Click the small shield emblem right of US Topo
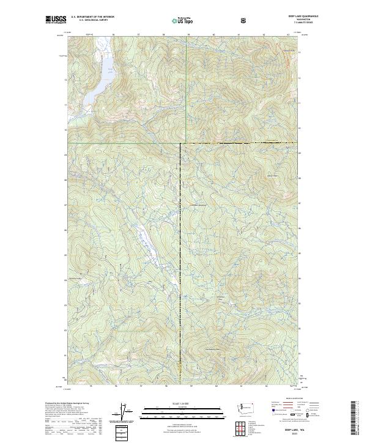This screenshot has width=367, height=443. click(209, 20)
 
